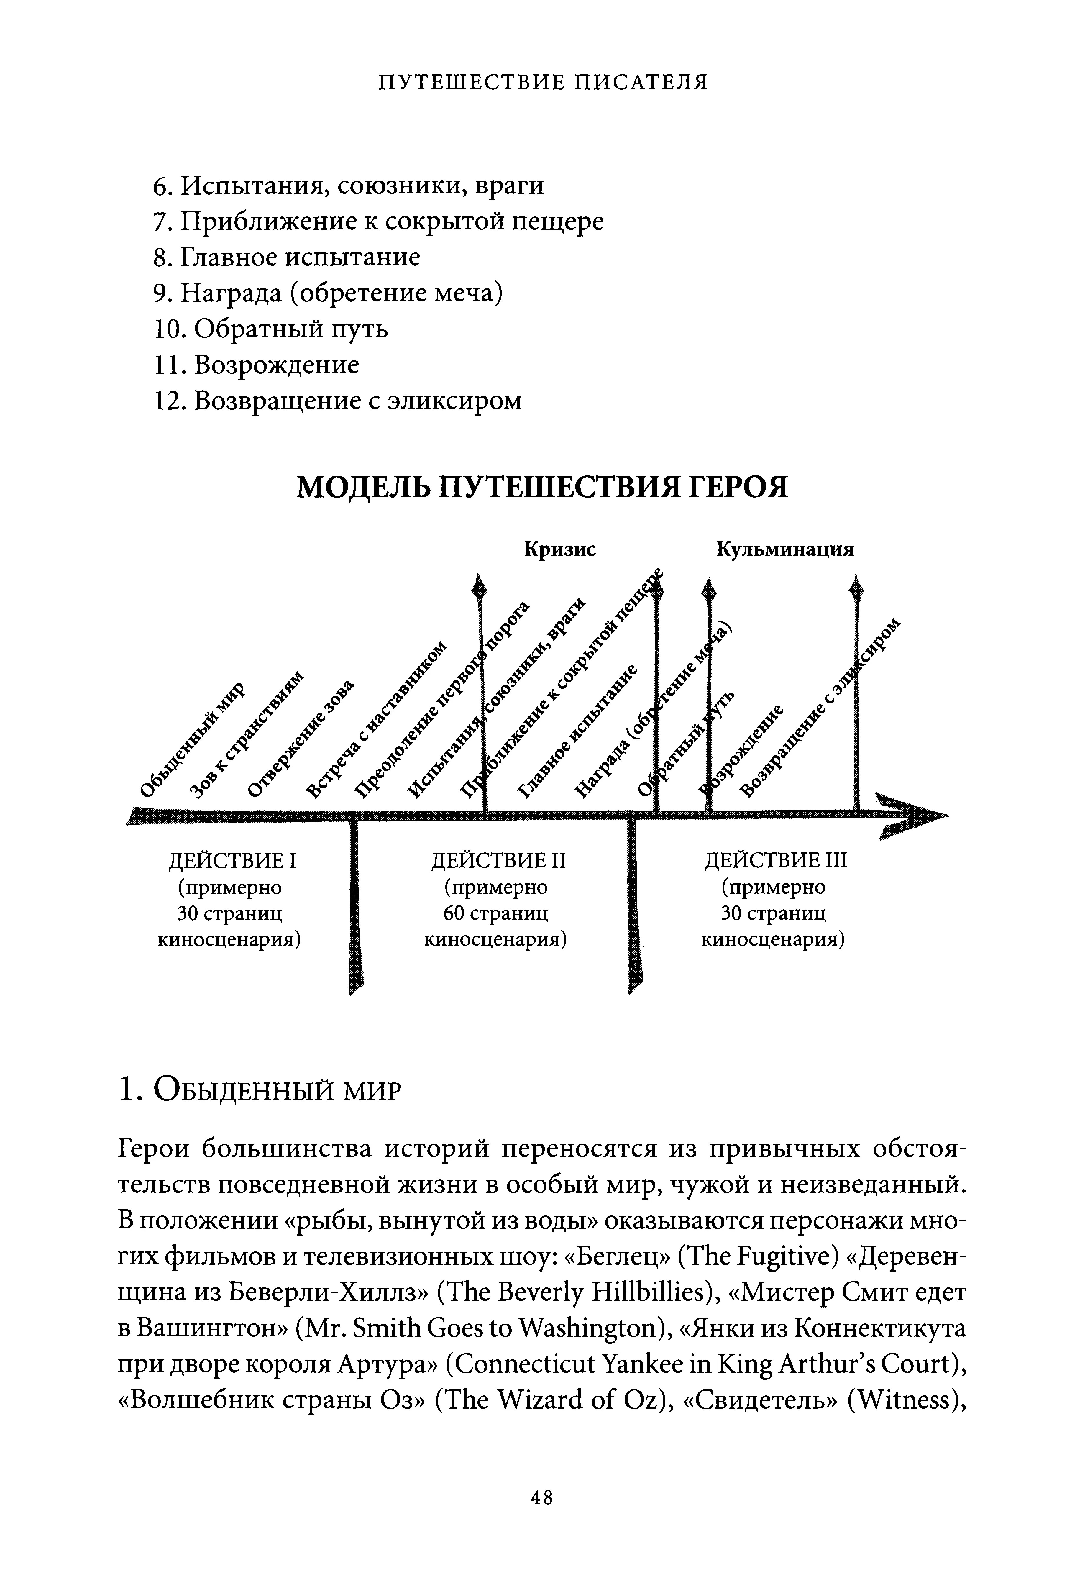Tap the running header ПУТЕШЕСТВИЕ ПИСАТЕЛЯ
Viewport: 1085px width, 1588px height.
tap(543, 83)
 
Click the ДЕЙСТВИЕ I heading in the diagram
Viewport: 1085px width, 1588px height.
tap(232, 860)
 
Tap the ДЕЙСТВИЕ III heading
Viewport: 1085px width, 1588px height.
tap(775, 860)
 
